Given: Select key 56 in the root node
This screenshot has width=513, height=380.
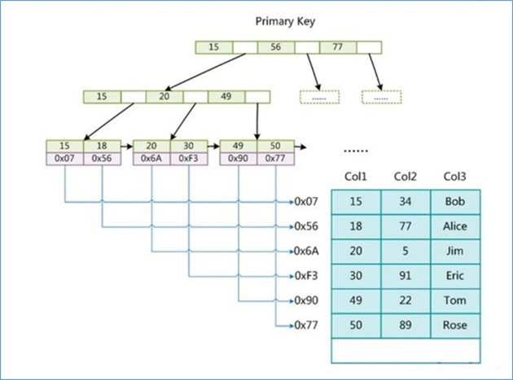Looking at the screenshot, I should [x=276, y=48].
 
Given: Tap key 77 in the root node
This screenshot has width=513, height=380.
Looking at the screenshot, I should [x=338, y=48].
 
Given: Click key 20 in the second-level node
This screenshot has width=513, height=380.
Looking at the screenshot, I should [x=164, y=96].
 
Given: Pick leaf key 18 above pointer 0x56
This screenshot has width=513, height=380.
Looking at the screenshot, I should [x=102, y=146].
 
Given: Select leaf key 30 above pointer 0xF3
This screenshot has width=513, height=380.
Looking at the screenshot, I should [x=188, y=146].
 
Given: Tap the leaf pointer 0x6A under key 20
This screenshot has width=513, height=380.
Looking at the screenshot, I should [x=151, y=159].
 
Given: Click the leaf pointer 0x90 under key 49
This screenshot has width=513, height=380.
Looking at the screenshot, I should [x=239, y=159].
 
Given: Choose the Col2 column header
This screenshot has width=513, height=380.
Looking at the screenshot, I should [x=406, y=177].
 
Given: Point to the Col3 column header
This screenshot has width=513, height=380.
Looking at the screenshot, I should [x=455, y=177].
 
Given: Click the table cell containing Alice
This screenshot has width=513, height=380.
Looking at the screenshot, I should [x=455, y=226].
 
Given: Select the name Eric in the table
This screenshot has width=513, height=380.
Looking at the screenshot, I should [x=455, y=276].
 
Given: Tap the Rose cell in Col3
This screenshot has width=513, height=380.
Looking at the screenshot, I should [x=455, y=325].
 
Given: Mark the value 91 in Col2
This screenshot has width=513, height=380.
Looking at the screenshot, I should [x=406, y=276].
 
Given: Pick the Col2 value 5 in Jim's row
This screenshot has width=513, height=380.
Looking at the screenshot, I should [x=406, y=251].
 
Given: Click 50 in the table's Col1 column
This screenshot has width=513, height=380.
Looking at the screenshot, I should [x=356, y=325].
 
